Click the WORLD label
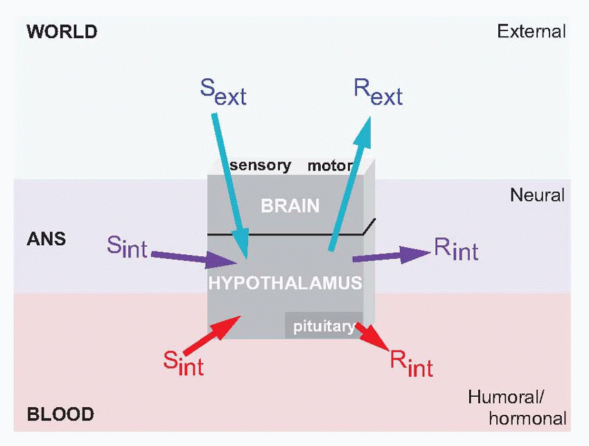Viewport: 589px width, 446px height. point(61,31)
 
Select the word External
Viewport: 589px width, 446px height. point(531,31)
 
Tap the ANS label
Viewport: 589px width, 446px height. point(46,239)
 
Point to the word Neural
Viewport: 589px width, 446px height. point(537,195)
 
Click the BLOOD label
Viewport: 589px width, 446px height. point(60,415)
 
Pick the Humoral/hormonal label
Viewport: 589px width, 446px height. point(517,408)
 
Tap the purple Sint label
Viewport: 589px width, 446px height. point(128,246)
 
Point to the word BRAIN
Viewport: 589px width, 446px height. point(290,206)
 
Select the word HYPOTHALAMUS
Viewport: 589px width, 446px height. point(285,283)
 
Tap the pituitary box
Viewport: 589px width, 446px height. point(322,325)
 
